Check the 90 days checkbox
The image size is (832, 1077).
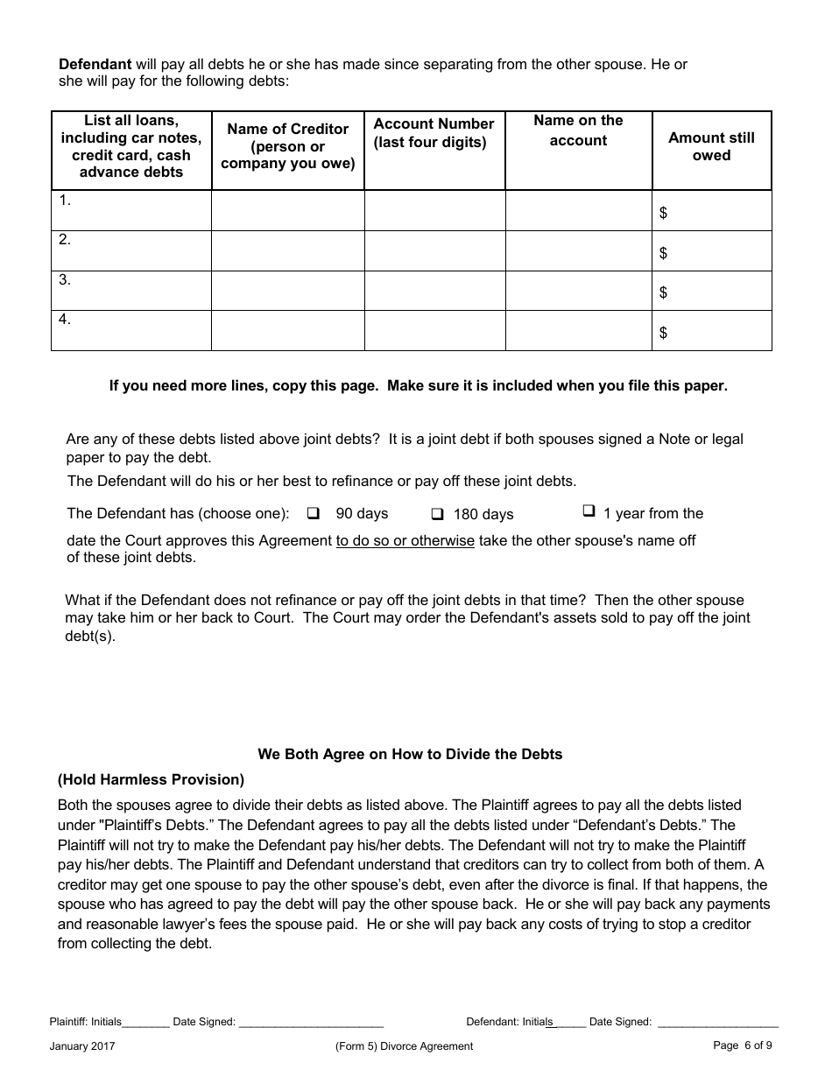click(x=314, y=513)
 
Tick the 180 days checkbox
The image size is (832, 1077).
click(x=438, y=514)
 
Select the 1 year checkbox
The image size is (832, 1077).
click(x=589, y=511)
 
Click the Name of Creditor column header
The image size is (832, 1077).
click(x=287, y=146)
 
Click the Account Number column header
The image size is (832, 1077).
click(x=434, y=132)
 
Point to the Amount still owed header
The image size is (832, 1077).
click(x=711, y=146)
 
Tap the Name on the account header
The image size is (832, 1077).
click(x=578, y=130)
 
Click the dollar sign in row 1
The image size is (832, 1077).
click(x=663, y=213)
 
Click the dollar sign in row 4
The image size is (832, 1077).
click(x=663, y=333)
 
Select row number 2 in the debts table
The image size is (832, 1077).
click(x=65, y=240)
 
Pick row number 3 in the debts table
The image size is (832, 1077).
click(x=65, y=280)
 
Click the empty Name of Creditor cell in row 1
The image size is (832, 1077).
click(x=287, y=211)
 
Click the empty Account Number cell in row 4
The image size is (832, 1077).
click(x=434, y=331)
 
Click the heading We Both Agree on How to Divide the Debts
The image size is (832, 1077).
click(x=410, y=754)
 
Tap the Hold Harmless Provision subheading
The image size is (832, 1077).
click(x=151, y=779)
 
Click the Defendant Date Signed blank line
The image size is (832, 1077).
click(x=717, y=1023)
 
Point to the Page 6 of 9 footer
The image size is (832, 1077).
click(x=743, y=1045)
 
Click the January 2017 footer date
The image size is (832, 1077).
click(x=82, y=1045)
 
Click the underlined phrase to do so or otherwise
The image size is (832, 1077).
click(x=405, y=541)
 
